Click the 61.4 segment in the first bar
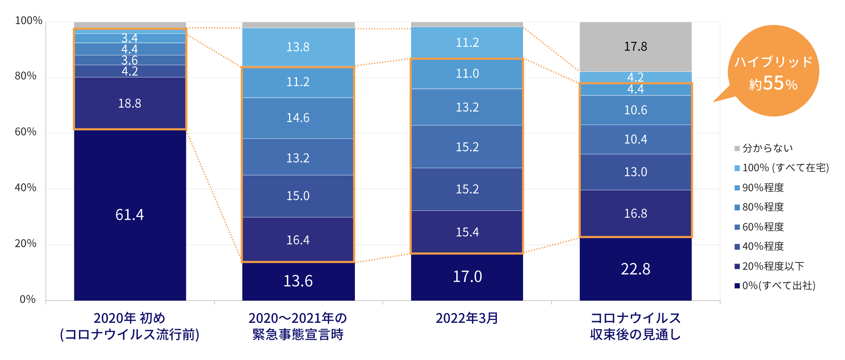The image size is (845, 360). [x=130, y=215]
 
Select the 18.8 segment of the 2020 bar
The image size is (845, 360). [x=130, y=103]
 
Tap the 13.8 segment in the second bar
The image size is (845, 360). [x=298, y=47]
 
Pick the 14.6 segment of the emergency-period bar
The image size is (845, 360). [x=298, y=118]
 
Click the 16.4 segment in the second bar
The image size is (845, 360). [x=298, y=240]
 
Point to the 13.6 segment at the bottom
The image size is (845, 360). [x=298, y=281]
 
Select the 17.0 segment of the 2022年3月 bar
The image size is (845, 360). [x=467, y=277]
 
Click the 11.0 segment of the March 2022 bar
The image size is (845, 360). [x=467, y=74]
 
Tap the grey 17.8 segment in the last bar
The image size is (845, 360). [x=635, y=46]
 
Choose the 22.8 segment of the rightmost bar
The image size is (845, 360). [x=635, y=269]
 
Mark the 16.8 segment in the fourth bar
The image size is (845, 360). [x=635, y=213]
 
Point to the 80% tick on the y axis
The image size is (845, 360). [x=26, y=76]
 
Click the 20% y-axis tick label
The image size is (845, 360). [x=26, y=243]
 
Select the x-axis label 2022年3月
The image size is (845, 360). [x=467, y=318]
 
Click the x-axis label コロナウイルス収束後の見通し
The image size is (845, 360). [x=635, y=326]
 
